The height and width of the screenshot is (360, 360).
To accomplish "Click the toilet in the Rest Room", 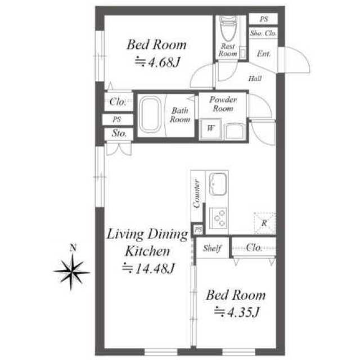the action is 228,28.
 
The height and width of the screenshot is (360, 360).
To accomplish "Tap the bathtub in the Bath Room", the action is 150,115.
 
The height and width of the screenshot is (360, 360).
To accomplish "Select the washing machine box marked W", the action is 210,129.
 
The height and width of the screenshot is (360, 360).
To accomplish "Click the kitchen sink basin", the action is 218,184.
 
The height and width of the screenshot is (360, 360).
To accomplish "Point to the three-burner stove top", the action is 218,218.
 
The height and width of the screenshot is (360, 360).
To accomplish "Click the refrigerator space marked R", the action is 265,223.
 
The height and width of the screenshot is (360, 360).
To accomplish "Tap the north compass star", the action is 71,272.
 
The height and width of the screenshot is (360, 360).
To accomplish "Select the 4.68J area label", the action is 157,62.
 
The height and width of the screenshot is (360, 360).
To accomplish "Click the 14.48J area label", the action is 148,268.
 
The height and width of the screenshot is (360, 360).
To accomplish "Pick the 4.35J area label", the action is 237,312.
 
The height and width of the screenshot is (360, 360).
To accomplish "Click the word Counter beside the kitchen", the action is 197,193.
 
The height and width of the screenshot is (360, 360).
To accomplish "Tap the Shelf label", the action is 212,248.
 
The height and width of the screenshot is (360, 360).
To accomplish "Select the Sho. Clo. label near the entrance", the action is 263,34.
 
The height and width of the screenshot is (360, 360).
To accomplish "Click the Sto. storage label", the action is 119,133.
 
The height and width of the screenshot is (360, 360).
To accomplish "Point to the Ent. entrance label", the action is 264,54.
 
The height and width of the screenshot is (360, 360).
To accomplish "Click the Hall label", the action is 255,79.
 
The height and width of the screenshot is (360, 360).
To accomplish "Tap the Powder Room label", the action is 223,104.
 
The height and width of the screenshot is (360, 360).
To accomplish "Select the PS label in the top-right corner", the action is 264,19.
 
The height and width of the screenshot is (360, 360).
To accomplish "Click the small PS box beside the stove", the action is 198,229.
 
